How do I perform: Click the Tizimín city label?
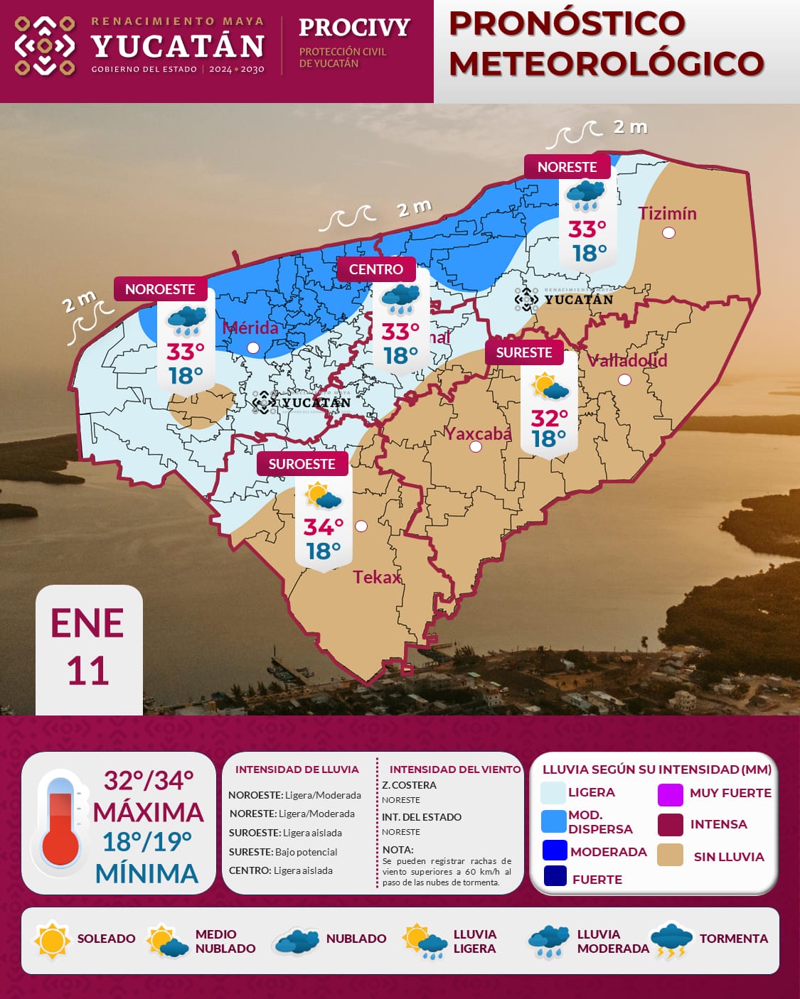tap(666, 213)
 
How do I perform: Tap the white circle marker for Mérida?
tap(253, 347)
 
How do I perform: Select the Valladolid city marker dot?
tap(624, 379)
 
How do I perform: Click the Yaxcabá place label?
tap(477, 433)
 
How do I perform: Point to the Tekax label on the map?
tap(377, 577)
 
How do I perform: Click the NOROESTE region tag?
tap(160, 289)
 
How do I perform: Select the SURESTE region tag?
tap(523, 352)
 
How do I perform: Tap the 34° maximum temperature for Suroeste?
tap(324, 527)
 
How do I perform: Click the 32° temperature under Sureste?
tap(549, 417)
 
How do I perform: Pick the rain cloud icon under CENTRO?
tap(400, 299)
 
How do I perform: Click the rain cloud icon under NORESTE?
tap(585, 195)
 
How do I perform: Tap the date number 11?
tap(88, 671)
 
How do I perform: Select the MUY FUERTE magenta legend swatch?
tap(670, 794)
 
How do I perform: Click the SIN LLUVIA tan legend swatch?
tap(670, 855)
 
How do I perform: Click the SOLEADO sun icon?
tap(52, 939)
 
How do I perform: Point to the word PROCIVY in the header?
tap(354, 27)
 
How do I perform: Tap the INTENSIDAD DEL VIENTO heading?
tap(455, 769)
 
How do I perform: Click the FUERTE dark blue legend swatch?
tap(555, 876)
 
